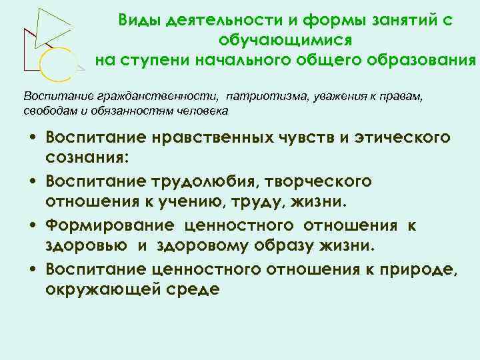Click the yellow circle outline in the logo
coord(55,64)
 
